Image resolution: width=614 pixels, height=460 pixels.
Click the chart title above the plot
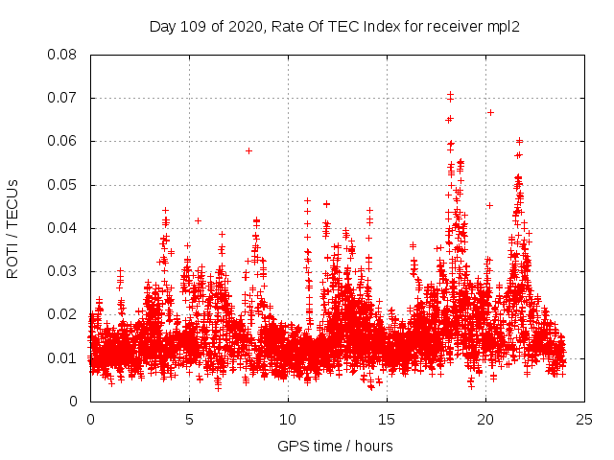pyautogui.click(x=335, y=25)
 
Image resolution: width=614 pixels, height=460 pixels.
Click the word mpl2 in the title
pyautogui.click(x=504, y=25)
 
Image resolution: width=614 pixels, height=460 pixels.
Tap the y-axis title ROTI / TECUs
pyautogui.click(x=12, y=228)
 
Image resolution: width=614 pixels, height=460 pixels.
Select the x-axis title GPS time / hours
pyautogui.click(x=335, y=446)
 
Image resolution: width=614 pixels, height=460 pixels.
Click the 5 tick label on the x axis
pyautogui.click(x=189, y=419)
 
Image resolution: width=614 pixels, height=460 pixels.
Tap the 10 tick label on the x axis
pyautogui.click(x=288, y=419)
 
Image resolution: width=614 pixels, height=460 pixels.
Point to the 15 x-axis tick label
pyautogui.click(x=387, y=419)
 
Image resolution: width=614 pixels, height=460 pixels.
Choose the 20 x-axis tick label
pyautogui.click(x=485, y=419)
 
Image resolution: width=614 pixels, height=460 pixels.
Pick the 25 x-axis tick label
pyautogui.click(x=584, y=419)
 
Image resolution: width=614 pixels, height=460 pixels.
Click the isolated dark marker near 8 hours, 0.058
pyautogui.click(x=248, y=150)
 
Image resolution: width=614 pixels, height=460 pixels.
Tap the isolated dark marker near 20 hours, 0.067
pyautogui.click(x=490, y=112)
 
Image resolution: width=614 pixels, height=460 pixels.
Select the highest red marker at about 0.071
pyautogui.click(x=450, y=95)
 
